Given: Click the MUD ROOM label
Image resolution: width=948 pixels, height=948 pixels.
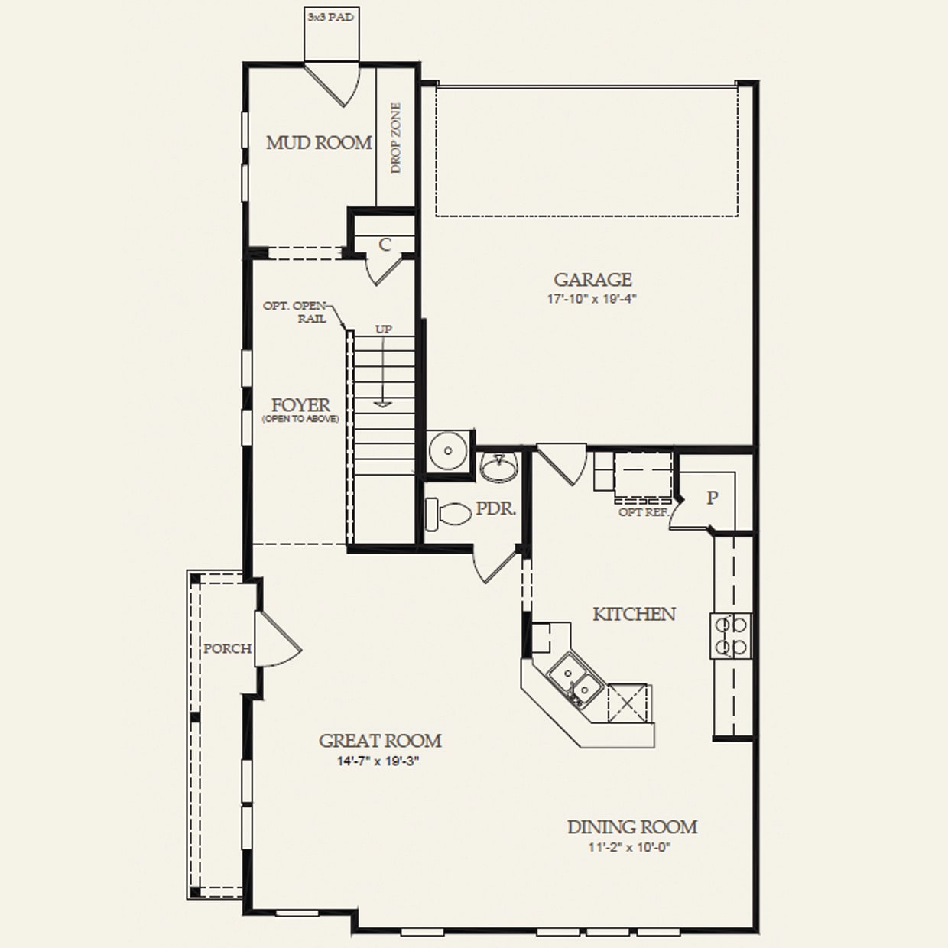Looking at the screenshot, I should (x=319, y=143).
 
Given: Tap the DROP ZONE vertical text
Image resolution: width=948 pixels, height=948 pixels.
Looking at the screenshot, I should (x=396, y=138).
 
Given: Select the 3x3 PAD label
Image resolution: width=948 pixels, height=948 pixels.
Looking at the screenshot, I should (x=331, y=17).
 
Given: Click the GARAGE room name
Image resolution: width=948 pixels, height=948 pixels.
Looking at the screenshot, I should (x=592, y=280).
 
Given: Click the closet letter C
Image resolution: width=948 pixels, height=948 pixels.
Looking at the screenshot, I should (x=385, y=245).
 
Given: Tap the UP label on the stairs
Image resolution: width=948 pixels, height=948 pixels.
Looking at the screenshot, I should (x=383, y=329).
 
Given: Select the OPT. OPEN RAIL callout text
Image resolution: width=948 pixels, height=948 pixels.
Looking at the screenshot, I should (x=294, y=312).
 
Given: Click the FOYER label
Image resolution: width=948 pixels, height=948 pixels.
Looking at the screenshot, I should (x=300, y=405).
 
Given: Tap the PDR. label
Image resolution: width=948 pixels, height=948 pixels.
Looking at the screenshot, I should (x=495, y=508).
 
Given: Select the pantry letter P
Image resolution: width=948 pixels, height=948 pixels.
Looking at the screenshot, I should (x=712, y=498).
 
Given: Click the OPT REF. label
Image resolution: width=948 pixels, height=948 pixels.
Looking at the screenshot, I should (x=643, y=511).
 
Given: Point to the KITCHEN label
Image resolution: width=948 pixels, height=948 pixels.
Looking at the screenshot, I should (x=634, y=614).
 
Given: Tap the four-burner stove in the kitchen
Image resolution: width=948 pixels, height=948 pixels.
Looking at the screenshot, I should (x=729, y=636).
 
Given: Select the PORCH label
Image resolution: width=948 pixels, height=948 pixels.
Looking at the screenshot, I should (x=227, y=648).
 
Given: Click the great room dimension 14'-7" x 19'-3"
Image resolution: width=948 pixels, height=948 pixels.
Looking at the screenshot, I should (x=380, y=761).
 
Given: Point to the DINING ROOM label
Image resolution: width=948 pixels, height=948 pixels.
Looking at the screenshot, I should (x=631, y=827).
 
